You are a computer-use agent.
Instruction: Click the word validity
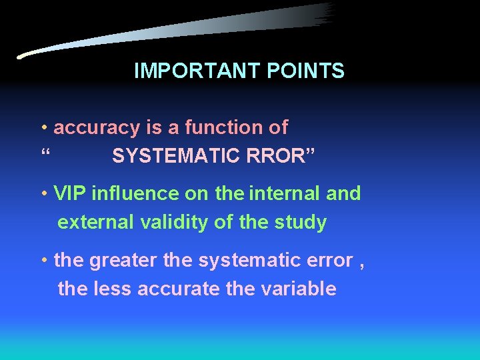(174, 223)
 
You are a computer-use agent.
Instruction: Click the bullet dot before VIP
(43, 194)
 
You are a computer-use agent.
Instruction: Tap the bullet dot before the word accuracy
(43, 127)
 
